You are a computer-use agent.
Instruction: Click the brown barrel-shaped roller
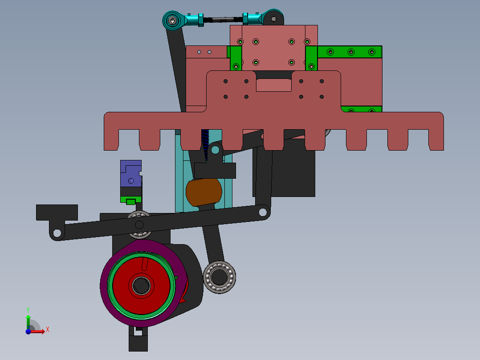point(203,192)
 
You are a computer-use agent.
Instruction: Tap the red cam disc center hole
point(142,285)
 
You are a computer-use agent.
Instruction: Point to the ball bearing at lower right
point(220,277)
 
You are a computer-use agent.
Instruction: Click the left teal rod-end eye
point(172,20)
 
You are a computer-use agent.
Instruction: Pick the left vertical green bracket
point(236,58)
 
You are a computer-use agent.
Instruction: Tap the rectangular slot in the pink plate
point(273,85)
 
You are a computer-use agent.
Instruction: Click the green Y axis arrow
point(28,319)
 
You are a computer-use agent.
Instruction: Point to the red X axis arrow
point(40,331)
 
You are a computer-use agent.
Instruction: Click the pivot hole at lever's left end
point(57,233)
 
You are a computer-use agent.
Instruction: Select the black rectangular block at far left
point(57,212)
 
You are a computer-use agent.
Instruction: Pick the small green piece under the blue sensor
point(130,201)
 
